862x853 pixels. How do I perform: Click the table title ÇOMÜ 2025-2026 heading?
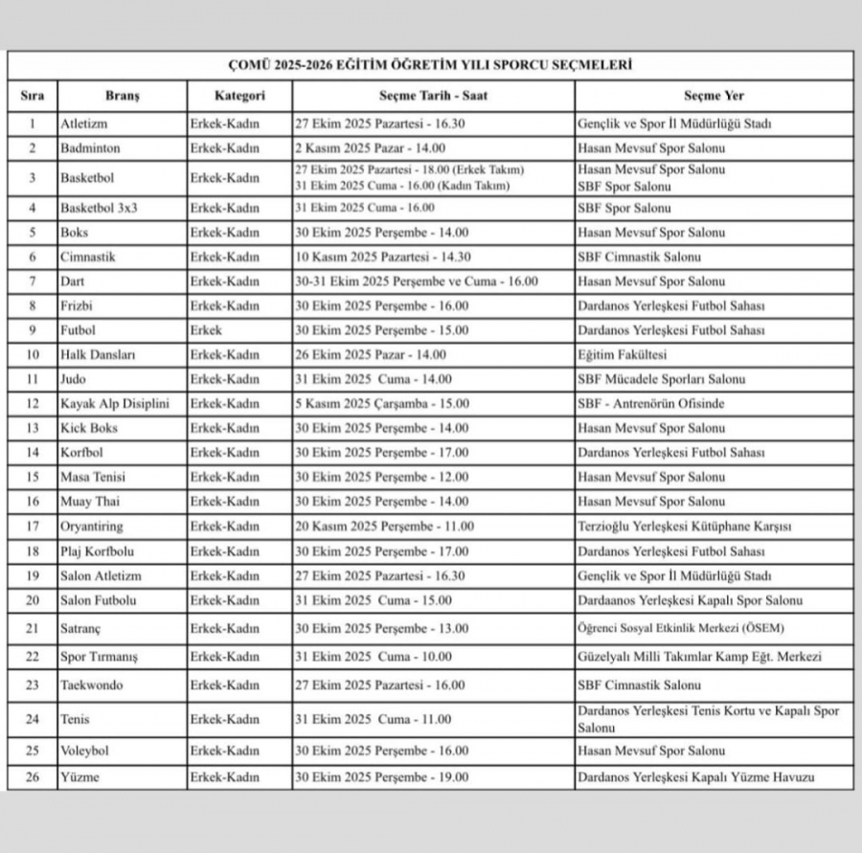[x=430, y=65]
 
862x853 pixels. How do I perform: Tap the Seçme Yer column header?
[x=714, y=96]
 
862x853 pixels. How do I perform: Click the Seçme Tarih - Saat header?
[x=434, y=96]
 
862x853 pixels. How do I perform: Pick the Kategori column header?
[x=239, y=96]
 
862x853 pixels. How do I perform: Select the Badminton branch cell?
[x=91, y=148]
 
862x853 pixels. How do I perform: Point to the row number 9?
[x=33, y=330]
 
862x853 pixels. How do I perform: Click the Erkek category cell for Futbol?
[x=206, y=330]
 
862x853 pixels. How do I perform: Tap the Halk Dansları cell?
[x=98, y=354]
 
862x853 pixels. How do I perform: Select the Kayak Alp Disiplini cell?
[x=115, y=404]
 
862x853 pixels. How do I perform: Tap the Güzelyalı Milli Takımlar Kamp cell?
[x=700, y=657]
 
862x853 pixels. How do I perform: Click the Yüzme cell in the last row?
[x=79, y=777]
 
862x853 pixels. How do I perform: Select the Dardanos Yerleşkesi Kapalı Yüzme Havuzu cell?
[x=696, y=777]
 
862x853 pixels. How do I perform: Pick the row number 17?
[x=33, y=527]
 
